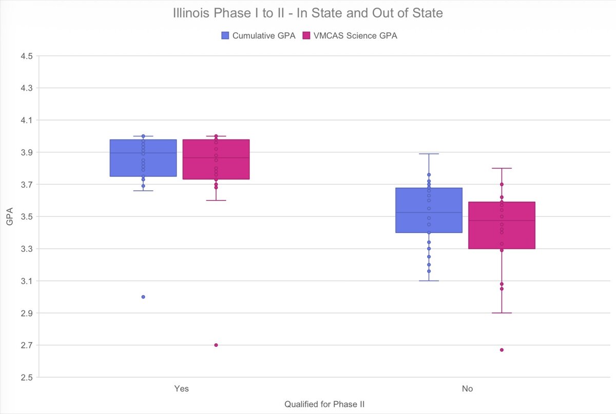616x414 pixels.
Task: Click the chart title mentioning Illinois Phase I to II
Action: tap(307, 13)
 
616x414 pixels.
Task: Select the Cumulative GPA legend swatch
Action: tap(225, 35)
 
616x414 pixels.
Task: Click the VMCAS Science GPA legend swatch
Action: tap(307, 35)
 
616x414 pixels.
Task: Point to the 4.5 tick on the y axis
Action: tap(26, 56)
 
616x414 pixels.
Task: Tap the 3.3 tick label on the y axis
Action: tap(26, 249)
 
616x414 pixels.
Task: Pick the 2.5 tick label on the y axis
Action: tap(26, 378)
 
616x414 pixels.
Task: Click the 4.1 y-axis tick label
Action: tap(26, 120)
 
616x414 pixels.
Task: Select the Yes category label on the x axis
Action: tap(181, 389)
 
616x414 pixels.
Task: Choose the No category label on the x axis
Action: tap(467, 389)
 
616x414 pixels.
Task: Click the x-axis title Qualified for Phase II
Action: tap(324, 404)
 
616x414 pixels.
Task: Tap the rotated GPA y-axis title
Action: tap(10, 216)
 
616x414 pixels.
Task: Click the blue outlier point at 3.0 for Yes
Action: tap(143, 297)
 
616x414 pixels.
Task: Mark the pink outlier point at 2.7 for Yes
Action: tap(216, 345)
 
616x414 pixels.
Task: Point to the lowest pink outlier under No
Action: tap(502, 350)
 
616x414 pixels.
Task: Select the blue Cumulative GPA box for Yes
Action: tap(143, 158)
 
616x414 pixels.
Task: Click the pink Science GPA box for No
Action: tap(502, 226)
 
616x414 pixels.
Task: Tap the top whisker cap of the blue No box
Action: tap(429, 154)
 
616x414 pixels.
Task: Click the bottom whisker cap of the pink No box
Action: tap(502, 313)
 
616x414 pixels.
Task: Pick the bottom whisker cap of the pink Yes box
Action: tap(216, 201)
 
